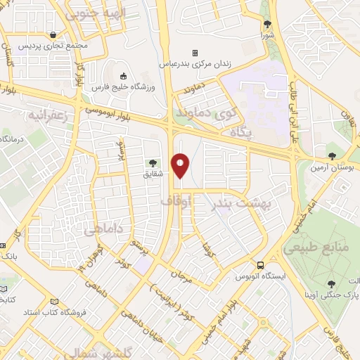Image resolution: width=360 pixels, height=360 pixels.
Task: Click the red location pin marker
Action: (x=181, y=165)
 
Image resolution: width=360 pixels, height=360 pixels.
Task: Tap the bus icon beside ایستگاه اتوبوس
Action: (x=260, y=266)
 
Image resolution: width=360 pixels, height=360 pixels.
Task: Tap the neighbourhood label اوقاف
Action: (x=176, y=202)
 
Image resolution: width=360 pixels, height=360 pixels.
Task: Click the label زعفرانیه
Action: (x=47, y=115)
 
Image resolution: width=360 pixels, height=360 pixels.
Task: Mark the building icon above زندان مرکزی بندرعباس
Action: (x=195, y=53)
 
